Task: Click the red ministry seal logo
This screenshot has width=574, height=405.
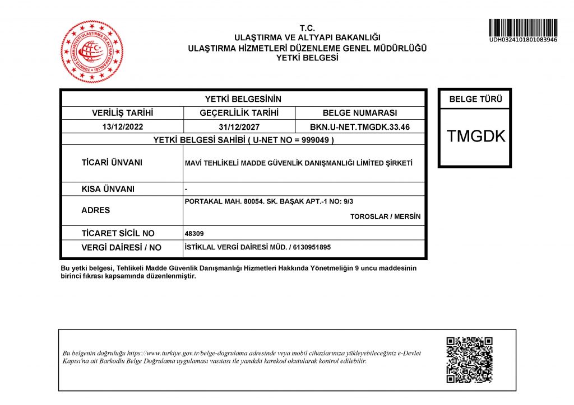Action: [91, 51]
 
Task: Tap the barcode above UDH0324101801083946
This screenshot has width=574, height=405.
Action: [522, 27]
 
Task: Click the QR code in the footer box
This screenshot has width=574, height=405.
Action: [469, 360]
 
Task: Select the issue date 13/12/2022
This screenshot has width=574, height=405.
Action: [123, 127]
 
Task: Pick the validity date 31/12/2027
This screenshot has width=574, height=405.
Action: [239, 127]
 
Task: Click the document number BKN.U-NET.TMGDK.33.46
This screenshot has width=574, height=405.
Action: [360, 127]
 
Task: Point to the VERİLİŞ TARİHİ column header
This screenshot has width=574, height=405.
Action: [123, 113]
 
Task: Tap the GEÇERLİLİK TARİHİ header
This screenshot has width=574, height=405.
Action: [239, 113]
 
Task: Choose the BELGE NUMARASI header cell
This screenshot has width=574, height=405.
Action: [360, 113]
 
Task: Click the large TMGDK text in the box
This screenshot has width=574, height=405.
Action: [475, 136]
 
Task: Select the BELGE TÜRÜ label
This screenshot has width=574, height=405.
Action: [475, 100]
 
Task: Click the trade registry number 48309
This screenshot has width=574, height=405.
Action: [193, 234]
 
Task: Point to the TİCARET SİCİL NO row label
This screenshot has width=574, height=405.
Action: [118, 233]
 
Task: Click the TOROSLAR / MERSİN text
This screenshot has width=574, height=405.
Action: [385, 217]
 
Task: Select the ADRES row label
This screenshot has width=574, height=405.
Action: [96, 210]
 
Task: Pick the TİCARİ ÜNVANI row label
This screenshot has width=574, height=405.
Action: [112, 163]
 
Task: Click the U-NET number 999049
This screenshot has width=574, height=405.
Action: [318, 140]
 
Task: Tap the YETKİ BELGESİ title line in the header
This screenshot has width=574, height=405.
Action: [307, 57]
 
